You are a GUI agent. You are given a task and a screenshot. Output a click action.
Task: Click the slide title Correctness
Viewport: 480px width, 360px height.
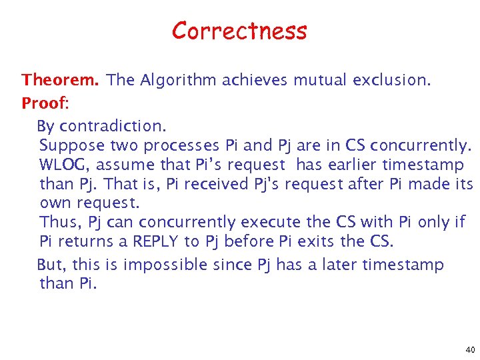point(239,31)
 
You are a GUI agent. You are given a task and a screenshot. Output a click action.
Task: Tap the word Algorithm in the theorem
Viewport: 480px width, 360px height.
point(179,81)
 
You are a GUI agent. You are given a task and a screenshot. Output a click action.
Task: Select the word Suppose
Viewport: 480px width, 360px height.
point(72,145)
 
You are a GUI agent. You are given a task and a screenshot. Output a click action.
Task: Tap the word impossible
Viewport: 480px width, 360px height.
point(165,265)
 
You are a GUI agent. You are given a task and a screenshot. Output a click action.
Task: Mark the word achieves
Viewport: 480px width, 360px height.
point(255,81)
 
